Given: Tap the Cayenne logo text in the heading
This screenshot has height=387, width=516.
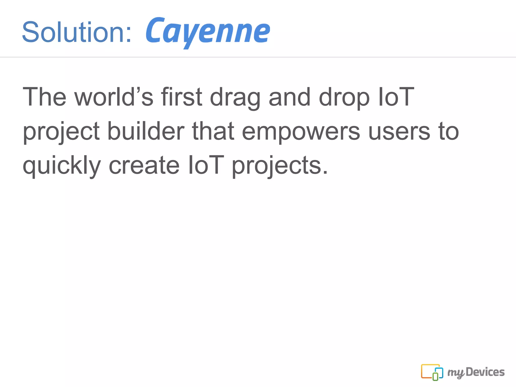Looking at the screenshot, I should pos(208,31).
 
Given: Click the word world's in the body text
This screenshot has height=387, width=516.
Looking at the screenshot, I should pos(113,97).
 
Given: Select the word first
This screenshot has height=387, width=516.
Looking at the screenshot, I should pos(182,97).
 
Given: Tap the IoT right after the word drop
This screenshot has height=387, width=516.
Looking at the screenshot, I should pos(396,97).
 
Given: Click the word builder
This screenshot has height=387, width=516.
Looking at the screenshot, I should pos(146,131).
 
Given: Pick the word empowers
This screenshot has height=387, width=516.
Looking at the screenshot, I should pos(301,132).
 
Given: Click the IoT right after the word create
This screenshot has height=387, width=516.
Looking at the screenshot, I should pos(206,165).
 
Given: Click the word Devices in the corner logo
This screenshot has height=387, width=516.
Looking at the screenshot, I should pos(485,372).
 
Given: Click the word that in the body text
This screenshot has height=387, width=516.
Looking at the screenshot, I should pos(213,131).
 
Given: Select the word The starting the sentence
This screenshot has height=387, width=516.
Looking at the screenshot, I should pos(44,97).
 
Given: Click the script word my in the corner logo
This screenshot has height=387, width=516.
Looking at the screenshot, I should pos(456,373).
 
